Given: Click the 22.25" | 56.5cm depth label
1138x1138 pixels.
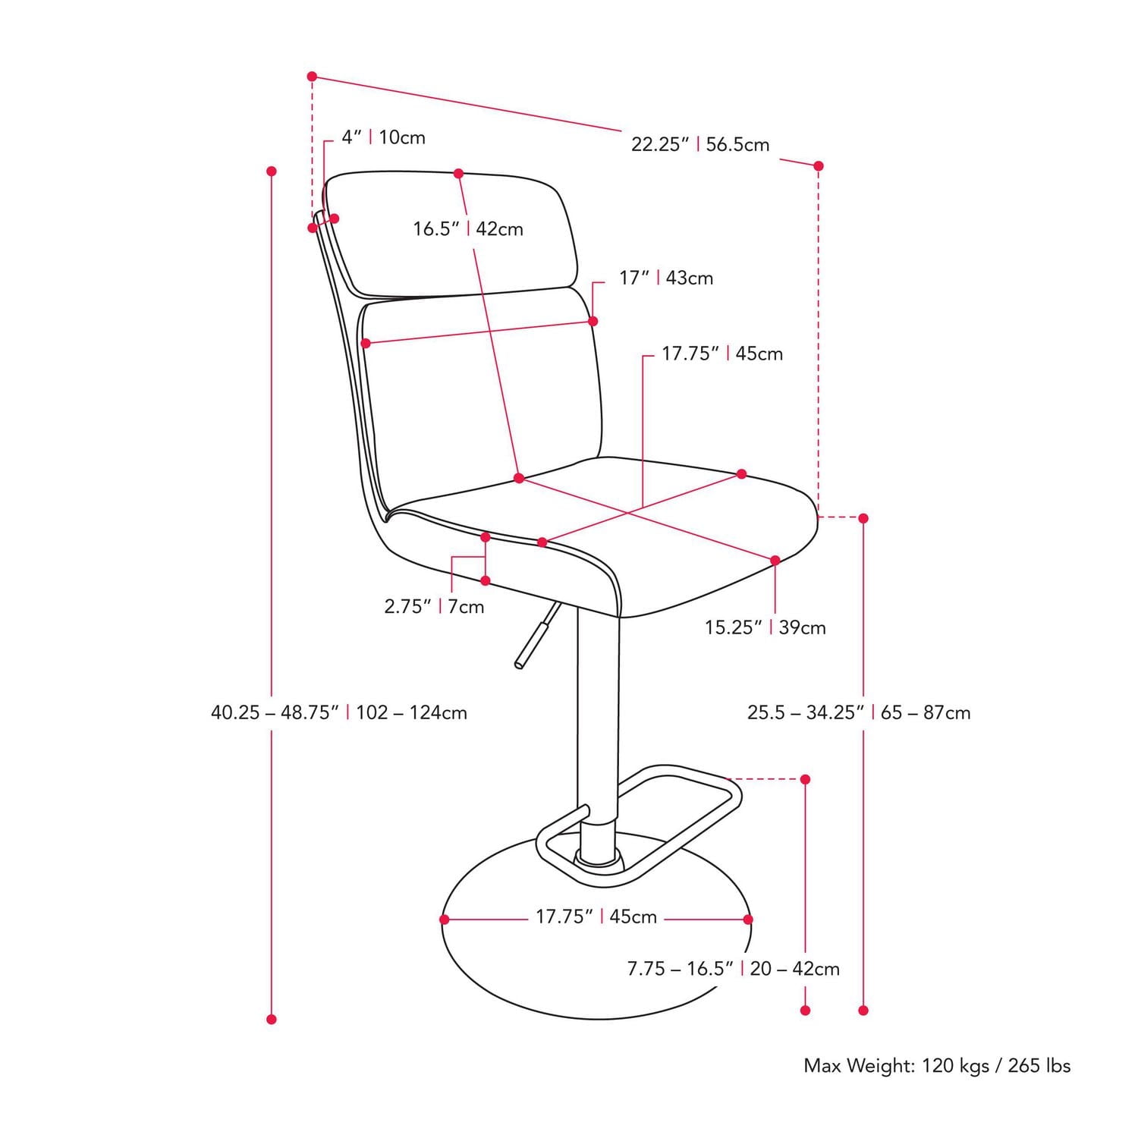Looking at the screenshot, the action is tap(700, 144).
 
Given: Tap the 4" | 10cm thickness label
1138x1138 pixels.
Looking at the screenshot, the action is tap(383, 137).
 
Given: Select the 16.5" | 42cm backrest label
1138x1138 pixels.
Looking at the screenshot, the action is tap(468, 228).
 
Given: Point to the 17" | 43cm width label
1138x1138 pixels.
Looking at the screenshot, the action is tap(666, 278).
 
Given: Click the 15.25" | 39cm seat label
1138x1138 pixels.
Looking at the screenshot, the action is tap(765, 627).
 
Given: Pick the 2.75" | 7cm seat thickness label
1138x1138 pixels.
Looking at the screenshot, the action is tap(434, 606).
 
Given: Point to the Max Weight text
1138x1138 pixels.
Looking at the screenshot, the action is tap(937, 1066).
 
